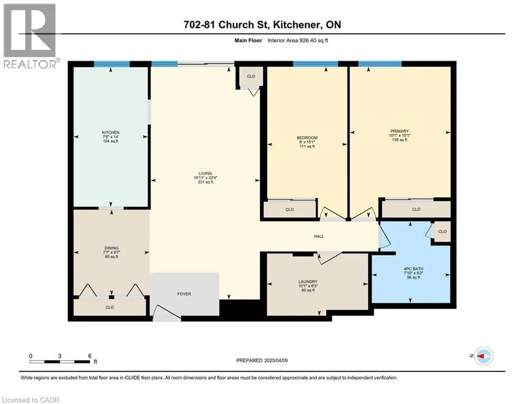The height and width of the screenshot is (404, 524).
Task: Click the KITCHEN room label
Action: [x=111, y=133]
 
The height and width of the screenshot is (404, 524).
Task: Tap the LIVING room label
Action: [x=205, y=173]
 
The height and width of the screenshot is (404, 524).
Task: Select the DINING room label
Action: [x=111, y=248]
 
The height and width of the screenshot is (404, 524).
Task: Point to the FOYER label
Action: [x=184, y=294]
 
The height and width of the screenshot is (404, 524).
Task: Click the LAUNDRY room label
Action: [x=308, y=282]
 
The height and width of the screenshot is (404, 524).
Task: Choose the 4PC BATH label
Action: [x=413, y=269]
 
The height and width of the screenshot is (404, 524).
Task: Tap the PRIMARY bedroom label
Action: [x=400, y=131]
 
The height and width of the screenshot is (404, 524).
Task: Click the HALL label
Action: [x=319, y=236]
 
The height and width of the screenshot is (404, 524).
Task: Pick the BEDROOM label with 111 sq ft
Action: [x=307, y=138]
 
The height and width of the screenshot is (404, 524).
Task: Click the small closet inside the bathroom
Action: [x=442, y=231]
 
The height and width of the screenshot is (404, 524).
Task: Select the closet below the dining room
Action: [x=110, y=307]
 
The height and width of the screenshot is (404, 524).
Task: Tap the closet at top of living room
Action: [x=251, y=76]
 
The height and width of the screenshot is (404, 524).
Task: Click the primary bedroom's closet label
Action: [x=416, y=209]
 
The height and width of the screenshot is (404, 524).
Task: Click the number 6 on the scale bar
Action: [x=90, y=356]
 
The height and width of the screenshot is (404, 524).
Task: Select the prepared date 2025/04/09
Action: [x=276, y=360]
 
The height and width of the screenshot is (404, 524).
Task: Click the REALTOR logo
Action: [x=30, y=35]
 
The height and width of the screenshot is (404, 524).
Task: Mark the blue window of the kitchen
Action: [x=112, y=64]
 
